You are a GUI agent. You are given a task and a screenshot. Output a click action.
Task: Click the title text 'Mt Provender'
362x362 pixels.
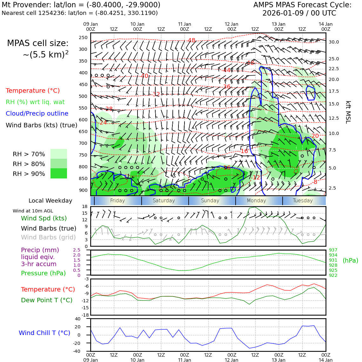tap(22, 5)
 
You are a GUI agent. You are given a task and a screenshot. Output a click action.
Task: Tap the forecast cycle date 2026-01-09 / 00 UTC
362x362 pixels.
tap(299, 13)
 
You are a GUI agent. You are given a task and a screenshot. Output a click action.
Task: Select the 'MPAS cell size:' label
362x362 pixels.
tap(38, 44)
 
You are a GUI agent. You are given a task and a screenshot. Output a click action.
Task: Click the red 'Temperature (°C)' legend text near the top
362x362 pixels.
tap(33, 91)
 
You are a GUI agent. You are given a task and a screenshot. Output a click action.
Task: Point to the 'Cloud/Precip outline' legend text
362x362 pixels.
tap(37, 114)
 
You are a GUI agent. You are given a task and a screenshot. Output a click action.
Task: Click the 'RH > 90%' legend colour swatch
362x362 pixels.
tap(59, 173)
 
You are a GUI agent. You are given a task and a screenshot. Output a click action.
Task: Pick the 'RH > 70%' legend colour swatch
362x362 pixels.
tap(59, 154)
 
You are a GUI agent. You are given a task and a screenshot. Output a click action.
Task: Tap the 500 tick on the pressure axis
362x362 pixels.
tap(83, 96)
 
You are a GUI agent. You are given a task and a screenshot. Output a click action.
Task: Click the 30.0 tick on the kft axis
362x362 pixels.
tap(334, 42)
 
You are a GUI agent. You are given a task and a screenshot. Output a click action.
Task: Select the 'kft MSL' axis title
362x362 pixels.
tap(348, 112)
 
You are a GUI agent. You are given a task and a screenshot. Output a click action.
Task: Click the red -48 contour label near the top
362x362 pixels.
tap(191, 40)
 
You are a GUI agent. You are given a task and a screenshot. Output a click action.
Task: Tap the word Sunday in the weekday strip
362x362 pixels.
tap(210, 201)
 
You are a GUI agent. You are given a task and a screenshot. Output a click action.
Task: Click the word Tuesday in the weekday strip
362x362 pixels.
tap(303, 201)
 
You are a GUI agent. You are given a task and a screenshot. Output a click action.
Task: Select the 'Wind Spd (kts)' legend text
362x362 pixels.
tap(44, 218)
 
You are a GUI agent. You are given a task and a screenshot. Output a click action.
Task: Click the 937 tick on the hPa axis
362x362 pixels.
tap(333, 250)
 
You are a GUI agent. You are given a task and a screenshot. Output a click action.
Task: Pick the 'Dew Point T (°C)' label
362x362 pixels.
tap(47, 300)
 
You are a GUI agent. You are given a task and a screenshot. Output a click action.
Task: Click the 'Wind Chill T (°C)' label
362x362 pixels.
tap(44, 333)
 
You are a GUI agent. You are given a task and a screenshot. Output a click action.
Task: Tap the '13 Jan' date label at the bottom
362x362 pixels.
tap(278, 360)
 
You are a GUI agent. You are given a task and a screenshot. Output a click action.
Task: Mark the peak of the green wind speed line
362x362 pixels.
tap(255, 207)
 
